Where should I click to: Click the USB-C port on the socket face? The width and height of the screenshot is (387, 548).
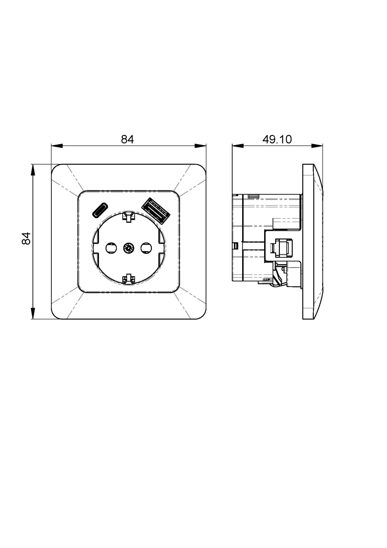[100, 210]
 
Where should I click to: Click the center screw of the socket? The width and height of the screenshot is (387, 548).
[128, 248]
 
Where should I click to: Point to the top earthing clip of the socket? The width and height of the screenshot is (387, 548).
[128, 217]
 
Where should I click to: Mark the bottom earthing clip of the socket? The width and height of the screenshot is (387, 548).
[128, 279]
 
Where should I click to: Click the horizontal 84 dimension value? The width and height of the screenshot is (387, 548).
[127, 139]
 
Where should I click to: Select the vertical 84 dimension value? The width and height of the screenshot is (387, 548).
[26, 238]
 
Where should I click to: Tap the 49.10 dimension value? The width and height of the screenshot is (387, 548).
[277, 139]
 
